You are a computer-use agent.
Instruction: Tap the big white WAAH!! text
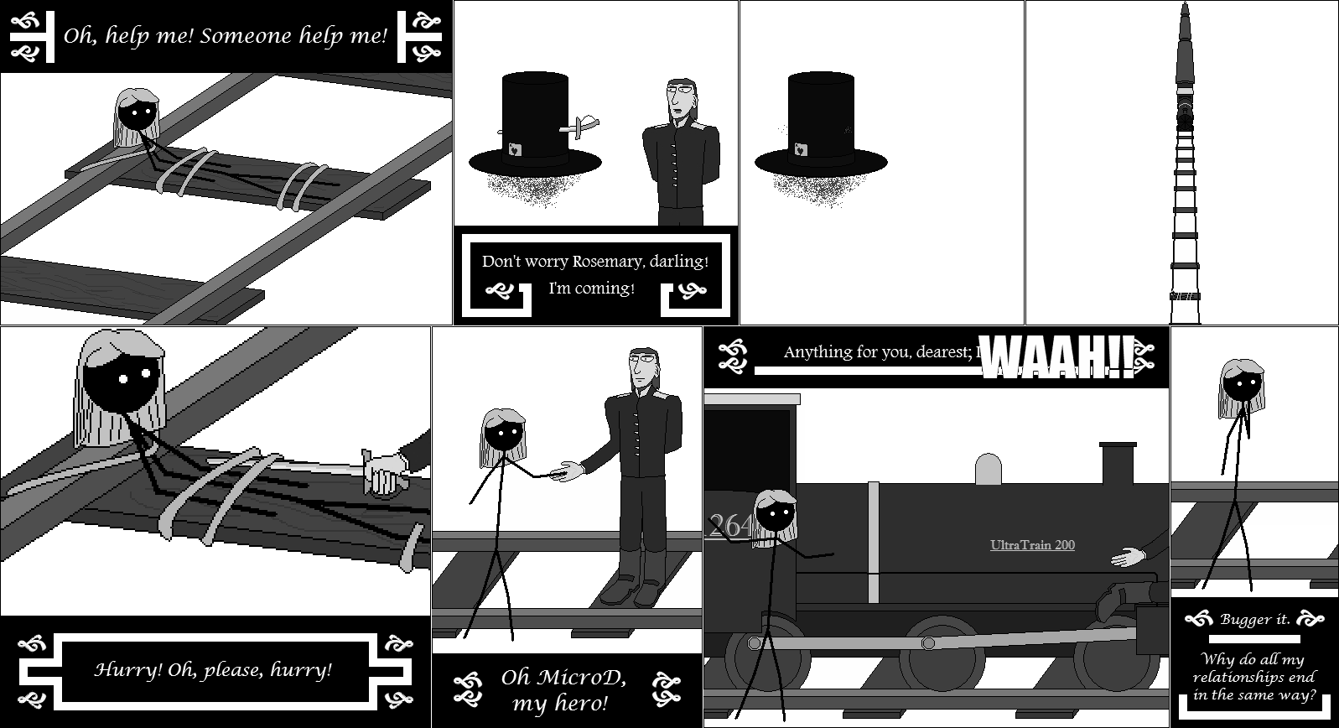(1058, 357)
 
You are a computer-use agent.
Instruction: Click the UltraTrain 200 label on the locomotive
(1032, 545)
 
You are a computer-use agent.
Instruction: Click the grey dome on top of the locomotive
(989, 469)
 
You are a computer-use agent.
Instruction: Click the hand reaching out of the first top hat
(583, 127)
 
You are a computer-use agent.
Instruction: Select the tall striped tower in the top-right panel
(1185, 168)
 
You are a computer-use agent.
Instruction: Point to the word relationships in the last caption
(1253, 677)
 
